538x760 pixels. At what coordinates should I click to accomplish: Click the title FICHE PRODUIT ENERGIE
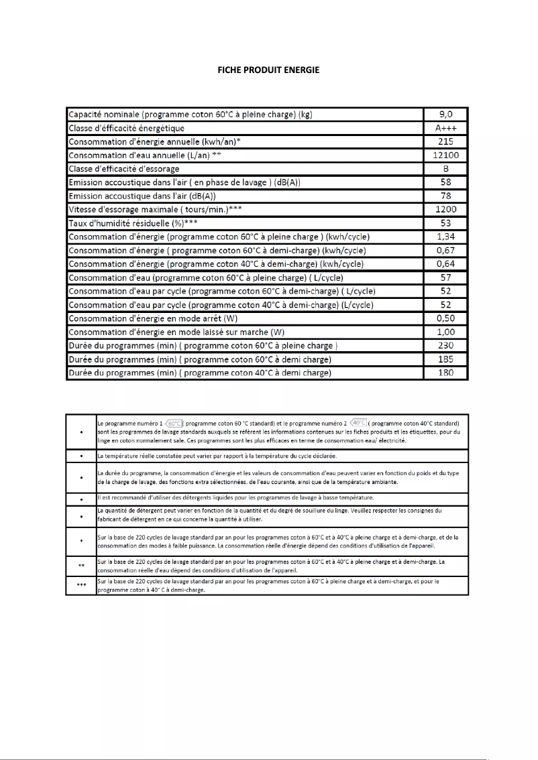click(x=268, y=70)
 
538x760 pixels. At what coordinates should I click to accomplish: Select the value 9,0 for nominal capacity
click(x=445, y=115)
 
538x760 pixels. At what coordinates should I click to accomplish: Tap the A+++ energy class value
click(x=445, y=128)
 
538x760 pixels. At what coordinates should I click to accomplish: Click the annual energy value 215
click(x=445, y=141)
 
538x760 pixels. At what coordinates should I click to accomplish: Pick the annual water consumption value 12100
click(x=445, y=155)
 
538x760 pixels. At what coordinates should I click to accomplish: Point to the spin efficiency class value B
click(x=445, y=169)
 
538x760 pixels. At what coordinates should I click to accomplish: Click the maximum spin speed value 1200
click(x=445, y=209)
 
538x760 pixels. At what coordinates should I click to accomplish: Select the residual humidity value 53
click(x=445, y=223)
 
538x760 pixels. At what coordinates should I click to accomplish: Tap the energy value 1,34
click(x=445, y=237)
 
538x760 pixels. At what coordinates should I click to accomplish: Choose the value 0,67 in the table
click(x=445, y=250)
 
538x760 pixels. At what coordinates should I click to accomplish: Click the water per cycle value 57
click(x=445, y=277)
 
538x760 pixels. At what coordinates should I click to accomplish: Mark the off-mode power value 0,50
click(x=445, y=318)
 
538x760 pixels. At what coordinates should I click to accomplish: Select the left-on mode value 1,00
click(x=445, y=332)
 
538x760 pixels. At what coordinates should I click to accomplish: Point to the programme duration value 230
click(x=445, y=345)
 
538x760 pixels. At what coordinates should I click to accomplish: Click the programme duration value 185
click(x=445, y=359)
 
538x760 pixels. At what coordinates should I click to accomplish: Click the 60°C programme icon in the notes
click(x=174, y=424)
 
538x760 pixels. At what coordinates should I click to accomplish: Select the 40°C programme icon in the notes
click(x=358, y=424)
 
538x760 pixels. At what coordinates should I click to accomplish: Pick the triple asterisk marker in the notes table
click(x=81, y=585)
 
